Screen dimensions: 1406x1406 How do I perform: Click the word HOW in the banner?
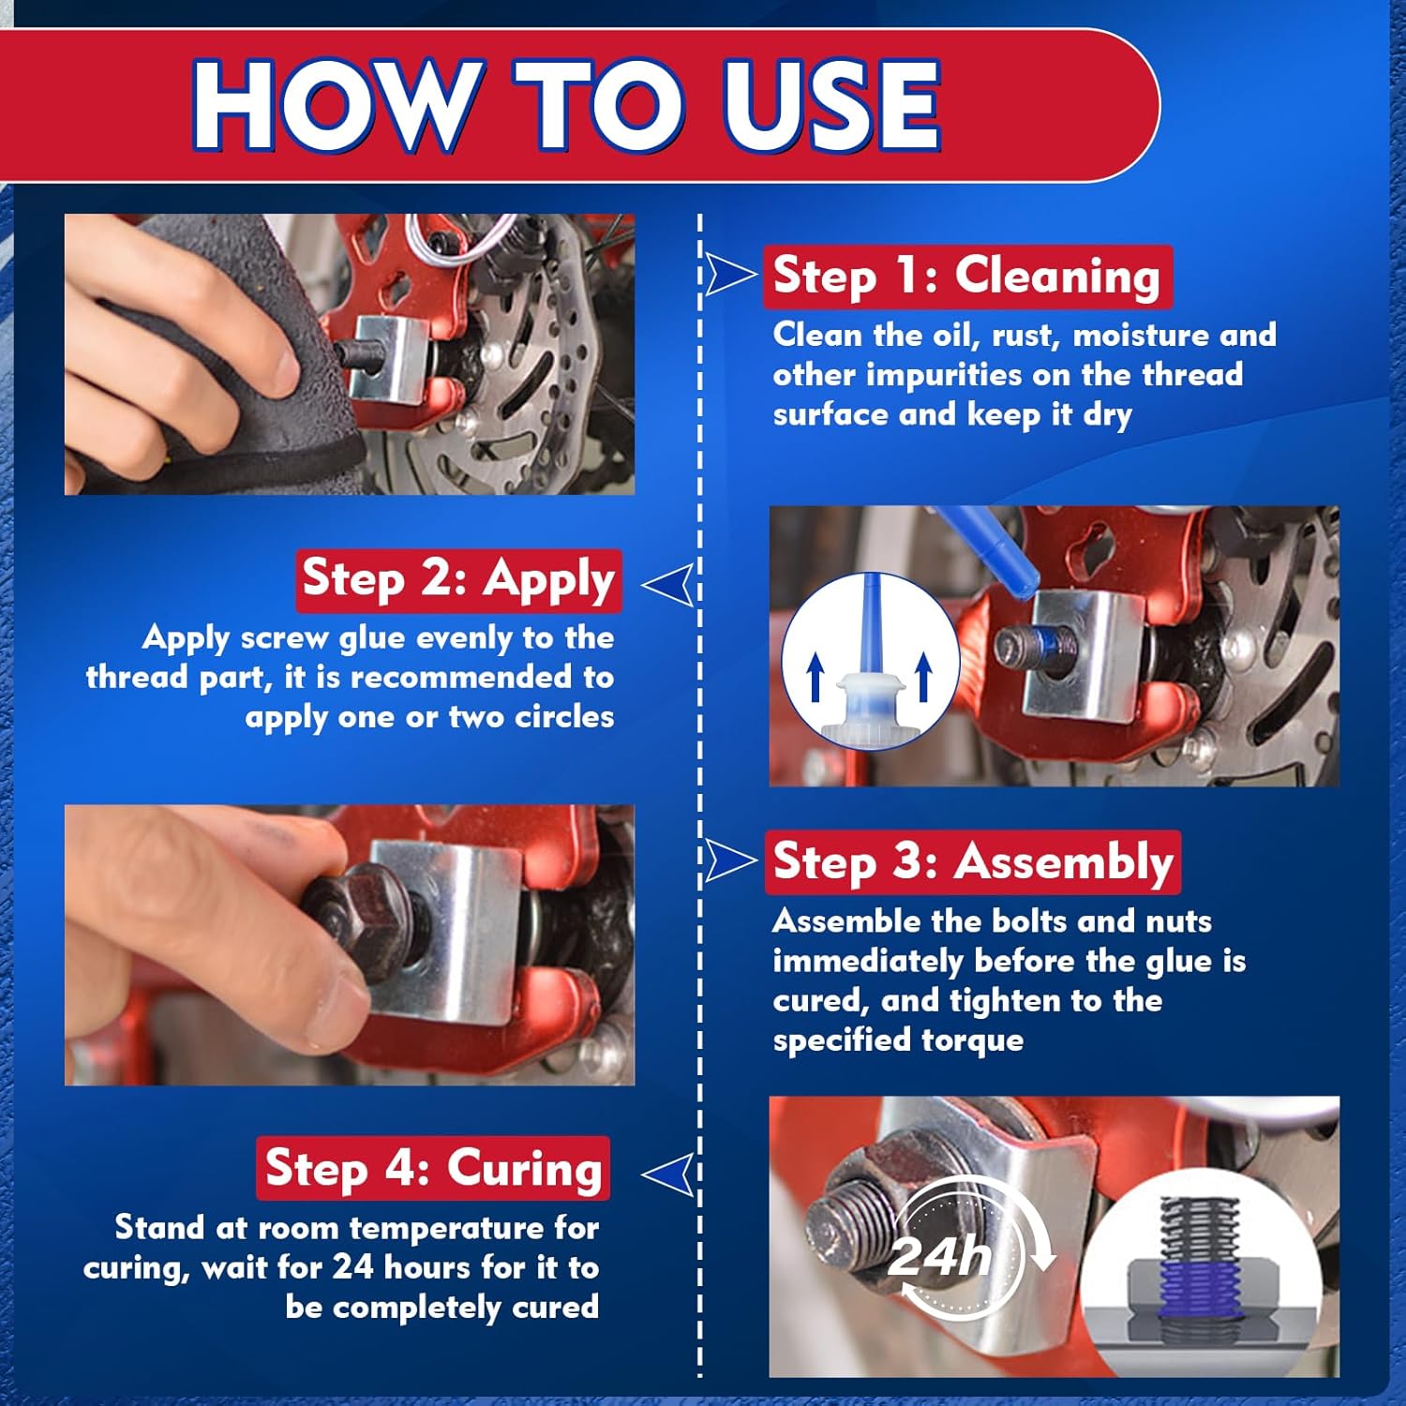tap(333, 105)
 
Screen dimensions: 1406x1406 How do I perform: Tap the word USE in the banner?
tap(832, 105)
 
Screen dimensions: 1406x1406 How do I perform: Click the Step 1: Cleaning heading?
tap(966, 277)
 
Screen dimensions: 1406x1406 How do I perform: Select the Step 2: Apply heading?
tap(458, 579)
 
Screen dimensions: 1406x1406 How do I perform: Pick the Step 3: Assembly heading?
tap(972, 861)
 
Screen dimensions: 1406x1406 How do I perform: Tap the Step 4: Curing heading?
tap(433, 1168)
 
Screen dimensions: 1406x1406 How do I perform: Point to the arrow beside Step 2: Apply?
tap(669, 584)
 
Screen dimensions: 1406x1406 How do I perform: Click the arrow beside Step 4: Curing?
tap(669, 1174)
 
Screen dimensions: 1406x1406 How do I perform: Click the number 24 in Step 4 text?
tap(353, 1267)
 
